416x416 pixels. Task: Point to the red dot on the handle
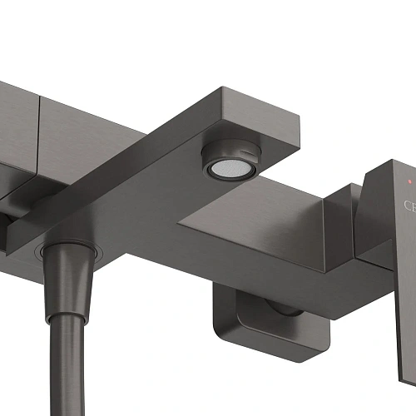click(x=407, y=180)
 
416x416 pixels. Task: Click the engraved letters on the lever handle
click(x=410, y=206)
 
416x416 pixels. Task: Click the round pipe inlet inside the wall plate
click(x=283, y=309)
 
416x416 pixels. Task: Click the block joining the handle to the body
click(x=341, y=216)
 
